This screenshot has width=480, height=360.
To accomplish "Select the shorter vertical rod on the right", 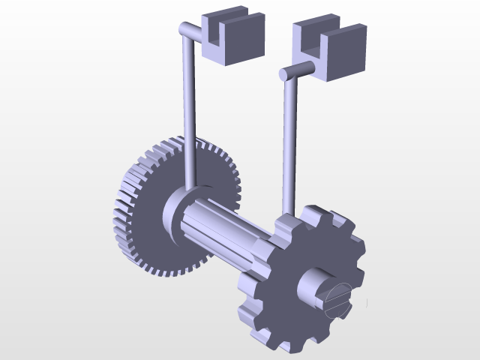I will click(288, 142).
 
